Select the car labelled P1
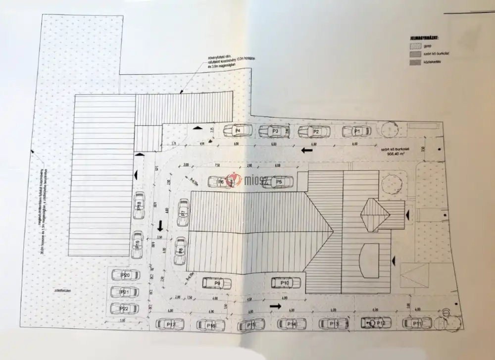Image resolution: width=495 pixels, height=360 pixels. [356, 131]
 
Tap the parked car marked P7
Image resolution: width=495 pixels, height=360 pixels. [183, 212]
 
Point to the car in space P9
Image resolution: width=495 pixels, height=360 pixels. [217, 283]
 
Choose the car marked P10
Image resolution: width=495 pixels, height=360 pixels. [286, 283]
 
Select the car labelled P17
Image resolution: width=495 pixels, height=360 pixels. [170, 324]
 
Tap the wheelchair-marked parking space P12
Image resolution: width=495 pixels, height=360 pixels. [376, 323]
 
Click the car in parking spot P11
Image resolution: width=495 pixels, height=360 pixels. [417, 323]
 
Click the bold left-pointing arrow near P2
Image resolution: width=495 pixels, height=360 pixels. [307, 149]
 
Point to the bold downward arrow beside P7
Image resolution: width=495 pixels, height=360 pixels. [160, 227]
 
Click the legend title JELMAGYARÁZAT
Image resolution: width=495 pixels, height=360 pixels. [425, 37]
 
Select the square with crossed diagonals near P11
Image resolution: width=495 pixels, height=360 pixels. [414, 275]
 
